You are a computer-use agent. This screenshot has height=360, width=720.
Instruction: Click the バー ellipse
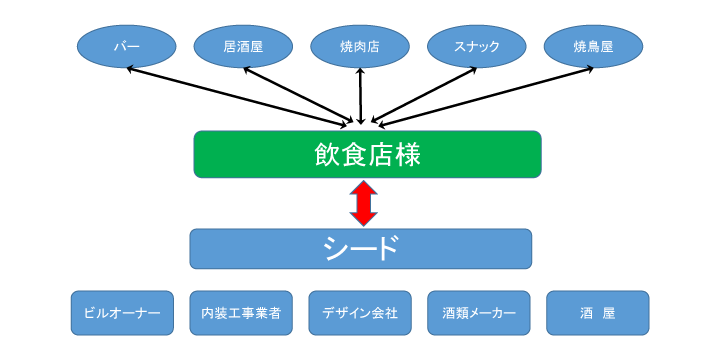point(127,46)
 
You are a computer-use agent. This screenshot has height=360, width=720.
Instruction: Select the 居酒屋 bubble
point(243,46)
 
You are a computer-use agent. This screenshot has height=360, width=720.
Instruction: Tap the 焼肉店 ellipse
point(360,46)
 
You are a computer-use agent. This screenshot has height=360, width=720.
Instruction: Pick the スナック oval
point(477,46)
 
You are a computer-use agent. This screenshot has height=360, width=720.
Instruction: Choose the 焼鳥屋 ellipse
point(593,46)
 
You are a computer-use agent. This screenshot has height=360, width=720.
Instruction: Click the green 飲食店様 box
point(367,154)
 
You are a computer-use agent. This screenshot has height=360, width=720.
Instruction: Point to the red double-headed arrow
point(363,203)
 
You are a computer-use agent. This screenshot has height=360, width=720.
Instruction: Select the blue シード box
point(361,249)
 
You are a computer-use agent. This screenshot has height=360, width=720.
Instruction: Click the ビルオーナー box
point(122,313)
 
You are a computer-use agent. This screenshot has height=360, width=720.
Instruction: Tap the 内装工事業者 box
point(241,313)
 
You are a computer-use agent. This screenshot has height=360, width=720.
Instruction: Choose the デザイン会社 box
point(360,313)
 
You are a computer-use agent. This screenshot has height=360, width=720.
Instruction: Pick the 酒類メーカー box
point(479,313)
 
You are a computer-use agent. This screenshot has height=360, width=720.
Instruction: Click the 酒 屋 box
point(597,313)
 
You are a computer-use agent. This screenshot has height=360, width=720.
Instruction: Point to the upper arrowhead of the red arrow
point(363,187)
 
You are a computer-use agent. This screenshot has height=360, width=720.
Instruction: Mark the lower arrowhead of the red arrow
point(363,219)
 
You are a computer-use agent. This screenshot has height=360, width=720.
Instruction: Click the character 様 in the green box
point(407,154)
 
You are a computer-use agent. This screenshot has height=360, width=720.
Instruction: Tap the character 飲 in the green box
point(328,154)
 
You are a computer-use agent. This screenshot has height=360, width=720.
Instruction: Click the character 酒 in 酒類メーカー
point(449,313)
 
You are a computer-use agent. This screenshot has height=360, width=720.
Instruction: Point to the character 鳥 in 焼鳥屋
point(593,46)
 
